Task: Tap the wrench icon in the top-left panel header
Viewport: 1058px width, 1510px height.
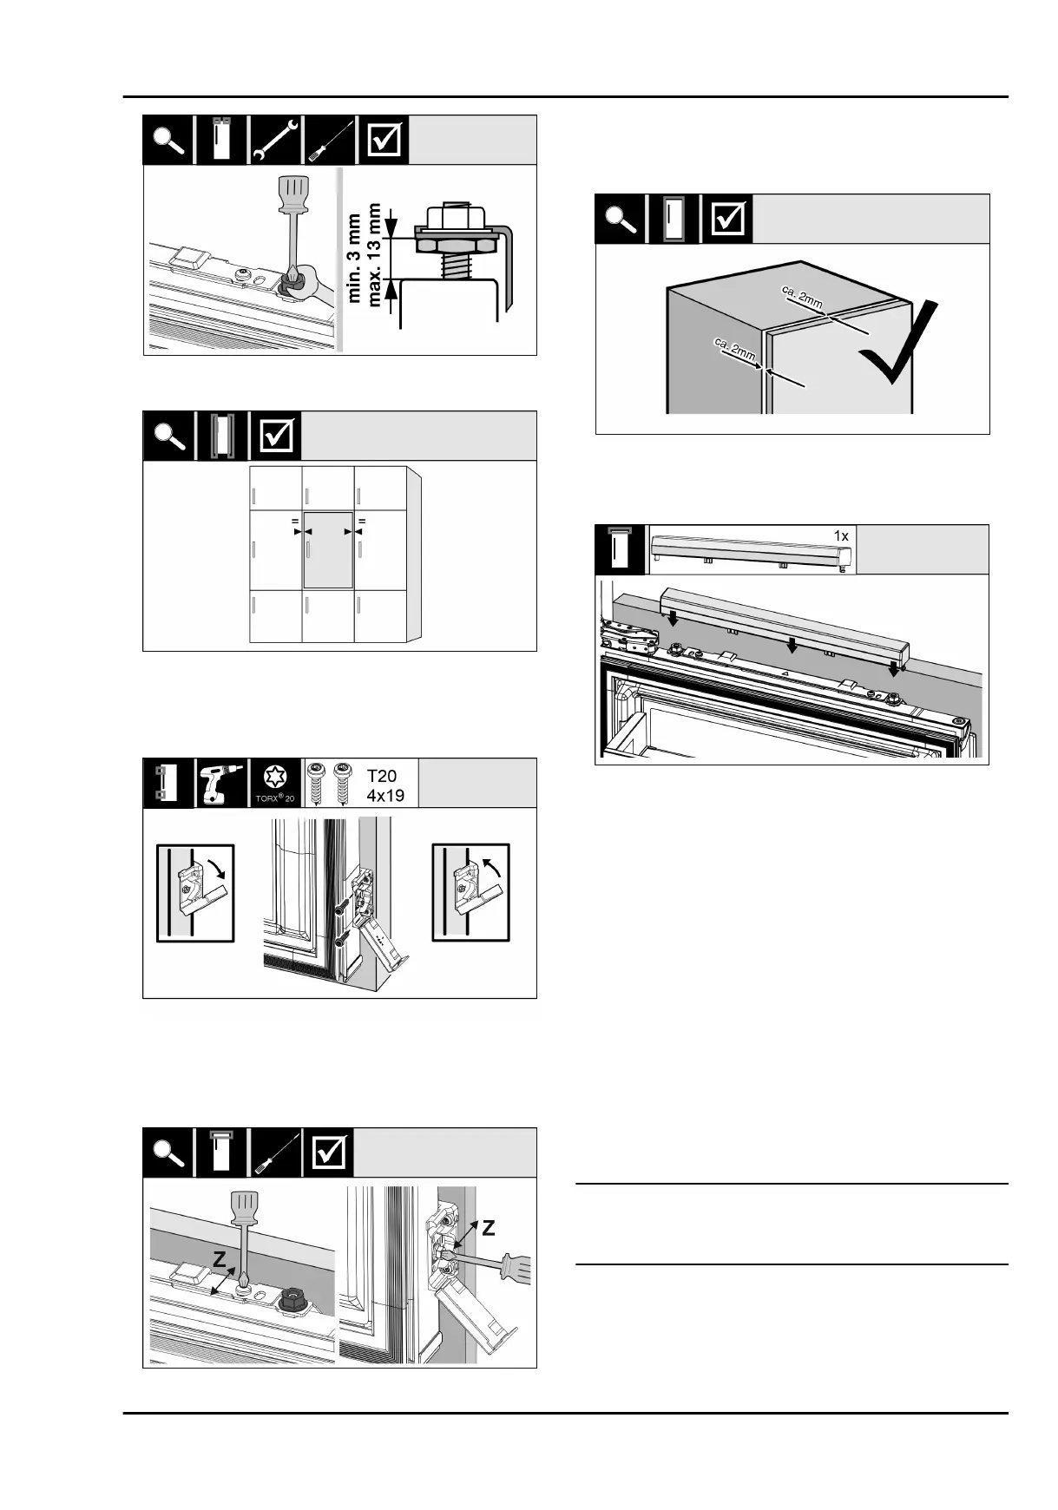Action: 275,140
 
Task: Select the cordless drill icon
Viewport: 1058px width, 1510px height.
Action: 221,782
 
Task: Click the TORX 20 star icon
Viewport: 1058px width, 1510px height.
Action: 275,778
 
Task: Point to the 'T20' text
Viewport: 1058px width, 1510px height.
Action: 382,776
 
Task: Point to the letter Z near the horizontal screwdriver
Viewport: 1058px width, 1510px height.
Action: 488,1229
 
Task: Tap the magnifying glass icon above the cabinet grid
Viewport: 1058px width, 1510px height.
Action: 169,436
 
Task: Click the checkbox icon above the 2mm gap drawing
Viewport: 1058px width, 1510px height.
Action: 728,219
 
